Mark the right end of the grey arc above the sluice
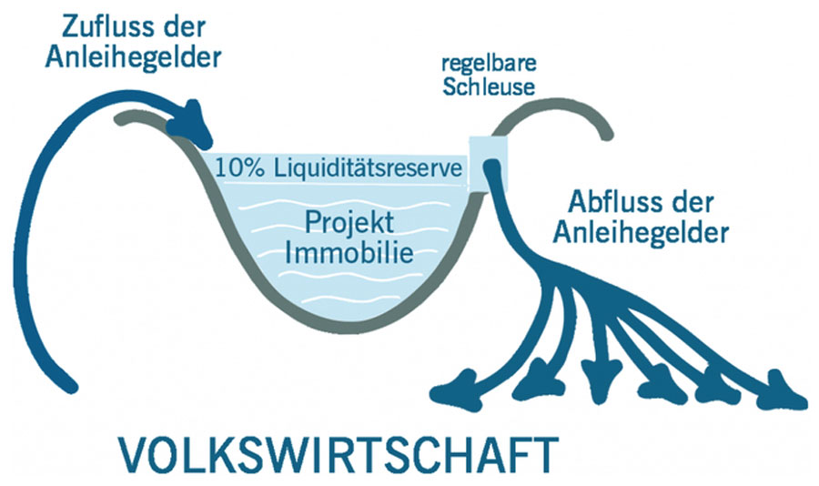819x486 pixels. (604, 138)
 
